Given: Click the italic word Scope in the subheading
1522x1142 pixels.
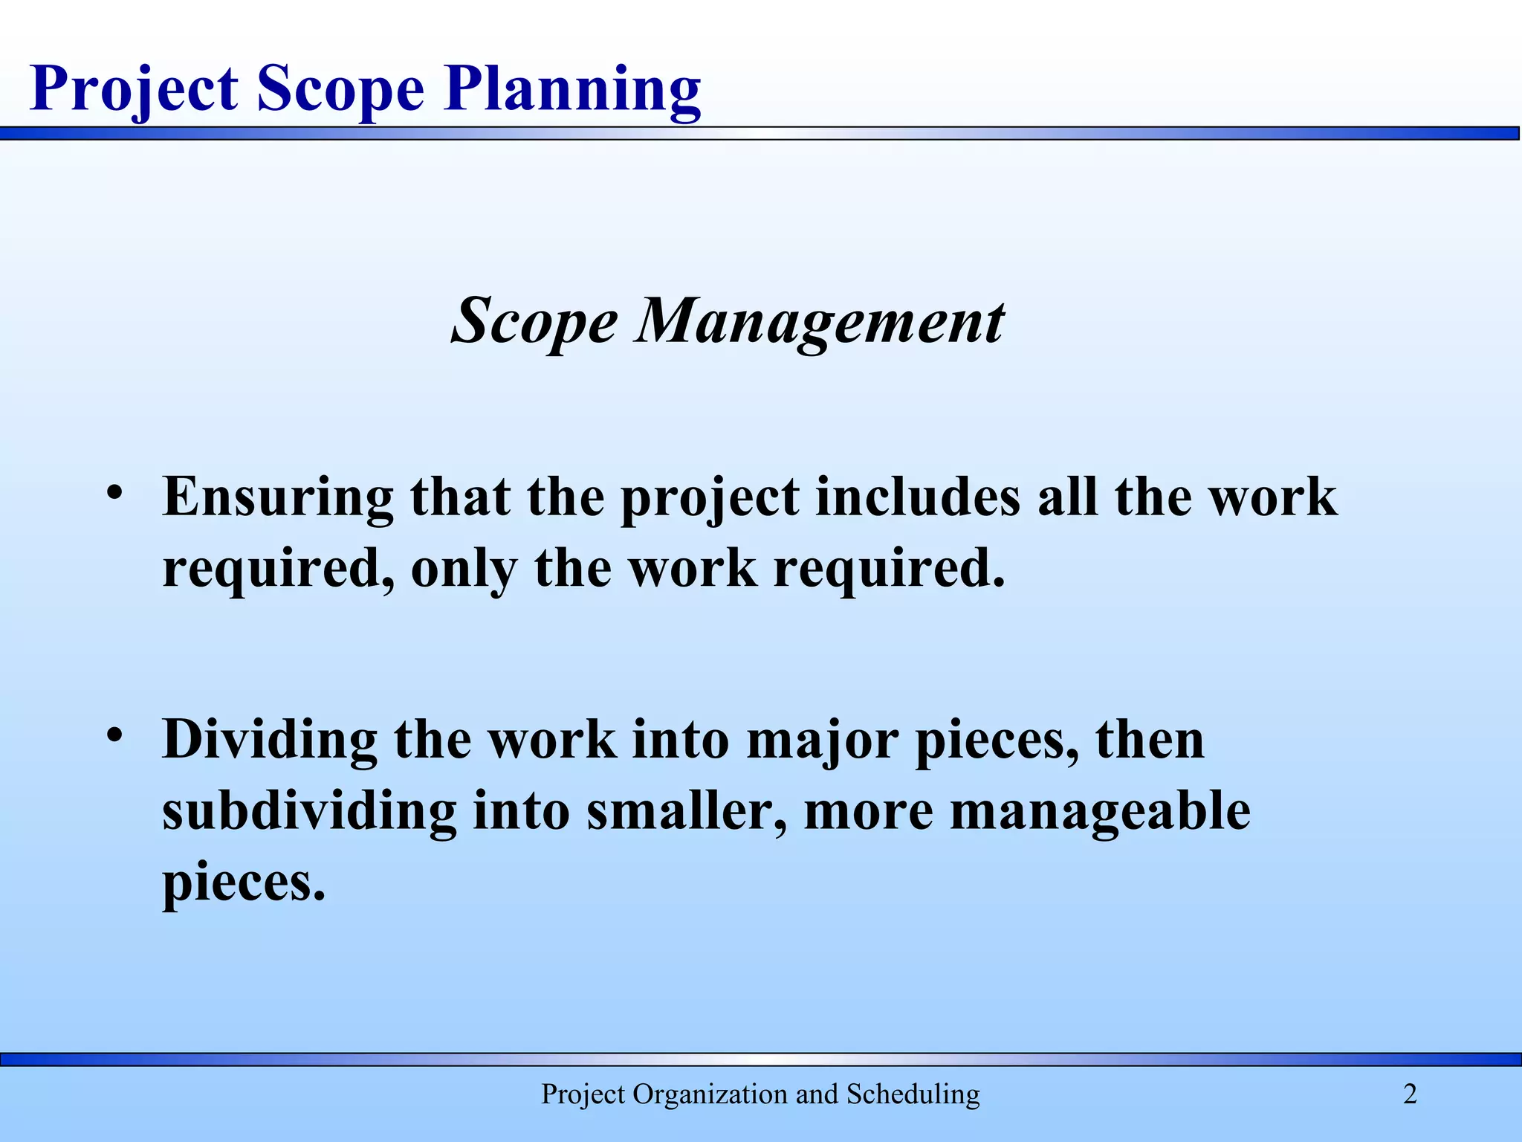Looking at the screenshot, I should pyautogui.click(x=534, y=321).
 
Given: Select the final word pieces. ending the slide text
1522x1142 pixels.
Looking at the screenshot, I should pyautogui.click(x=244, y=883).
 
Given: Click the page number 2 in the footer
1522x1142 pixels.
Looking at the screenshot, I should pyautogui.click(x=1410, y=1094).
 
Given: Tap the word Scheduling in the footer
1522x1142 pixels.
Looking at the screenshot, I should pyautogui.click(x=913, y=1094).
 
